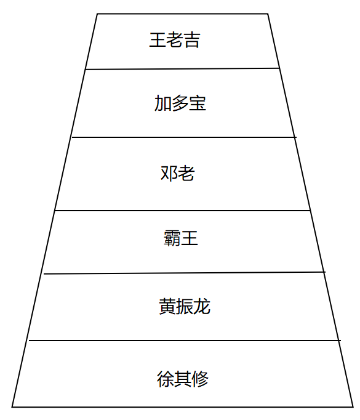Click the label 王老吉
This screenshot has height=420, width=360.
(175, 40)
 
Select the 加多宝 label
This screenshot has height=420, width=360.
(180, 103)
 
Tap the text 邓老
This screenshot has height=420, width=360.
(177, 173)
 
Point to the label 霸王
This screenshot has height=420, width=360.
(181, 238)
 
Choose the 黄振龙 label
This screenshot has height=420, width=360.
(185, 306)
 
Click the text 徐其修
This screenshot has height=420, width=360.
(183, 379)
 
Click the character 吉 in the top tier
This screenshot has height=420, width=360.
(192, 40)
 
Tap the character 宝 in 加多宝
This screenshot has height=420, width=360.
(198, 103)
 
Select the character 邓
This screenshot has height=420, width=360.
(169, 173)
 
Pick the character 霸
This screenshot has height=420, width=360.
(172, 238)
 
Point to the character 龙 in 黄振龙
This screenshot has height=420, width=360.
(202, 306)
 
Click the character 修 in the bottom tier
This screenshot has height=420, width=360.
(200, 379)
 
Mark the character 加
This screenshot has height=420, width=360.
(162, 103)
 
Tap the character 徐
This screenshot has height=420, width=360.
(166, 379)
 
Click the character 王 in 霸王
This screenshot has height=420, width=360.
(190, 238)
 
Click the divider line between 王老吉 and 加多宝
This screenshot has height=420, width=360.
(182, 69)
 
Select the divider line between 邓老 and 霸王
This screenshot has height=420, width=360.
(183, 211)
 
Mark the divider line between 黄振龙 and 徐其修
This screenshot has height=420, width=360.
(185, 341)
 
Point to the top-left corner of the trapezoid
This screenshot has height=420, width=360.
(97, 14)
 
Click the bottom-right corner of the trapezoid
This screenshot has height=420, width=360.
(353, 407)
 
